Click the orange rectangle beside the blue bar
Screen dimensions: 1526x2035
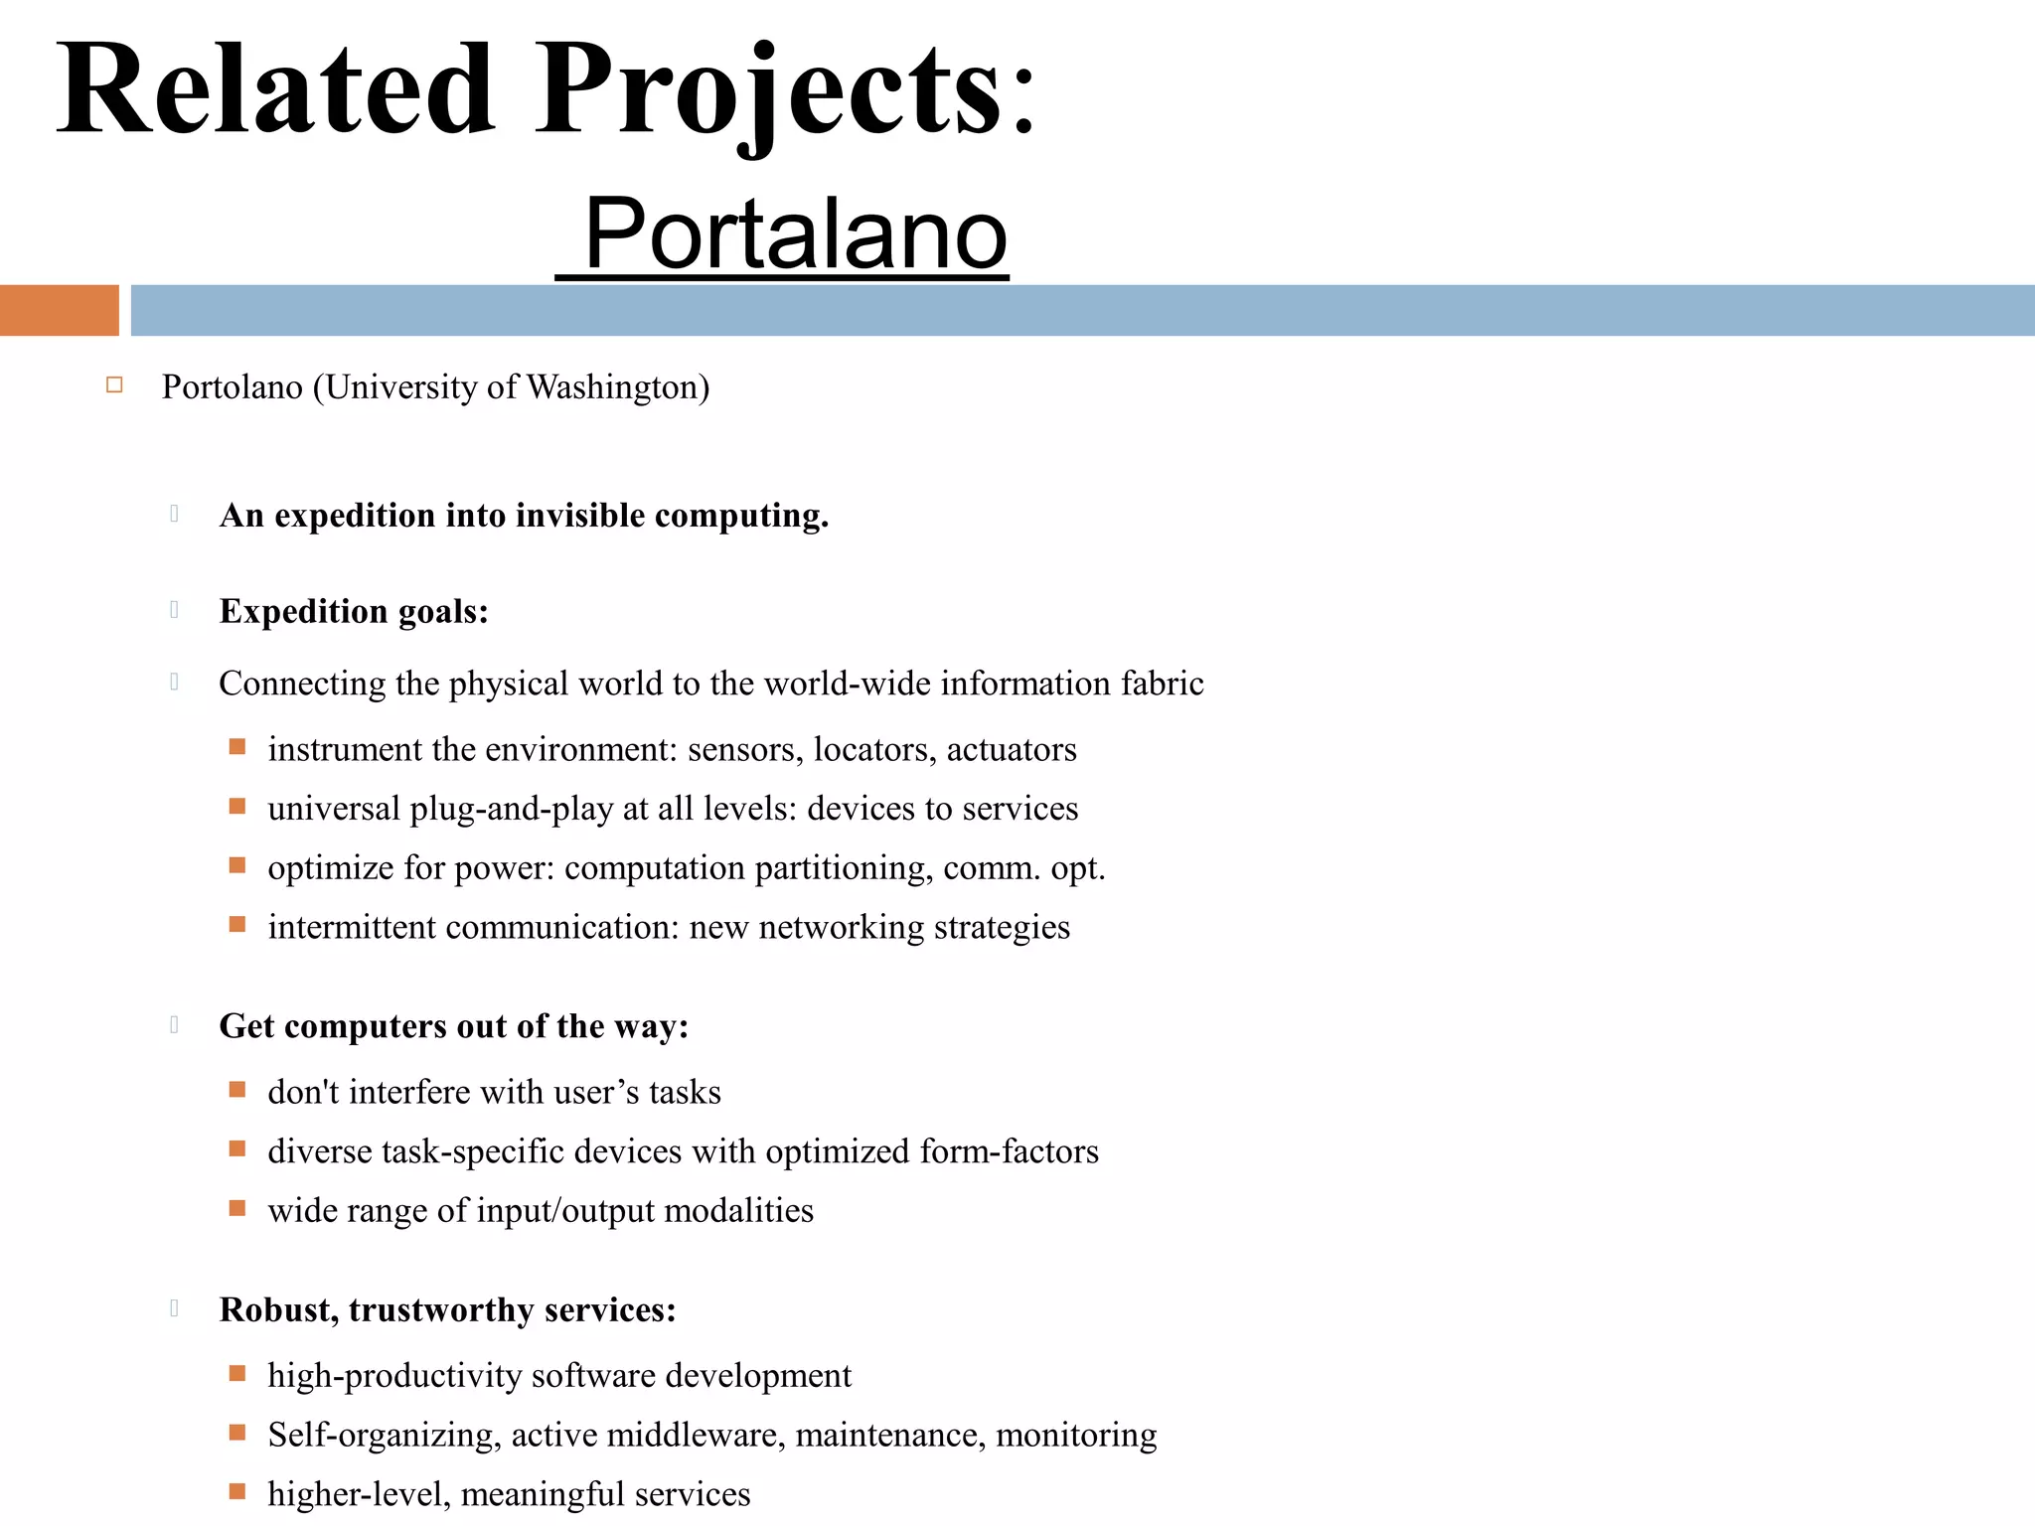59,310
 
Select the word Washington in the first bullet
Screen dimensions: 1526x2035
617,387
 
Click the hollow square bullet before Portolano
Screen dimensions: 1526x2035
114,385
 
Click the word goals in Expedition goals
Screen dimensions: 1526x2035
443,612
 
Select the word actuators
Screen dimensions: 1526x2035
1011,749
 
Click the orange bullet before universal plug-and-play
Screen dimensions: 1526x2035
237,807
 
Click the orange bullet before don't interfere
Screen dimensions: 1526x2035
237,1090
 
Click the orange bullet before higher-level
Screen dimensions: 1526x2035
237,1492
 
